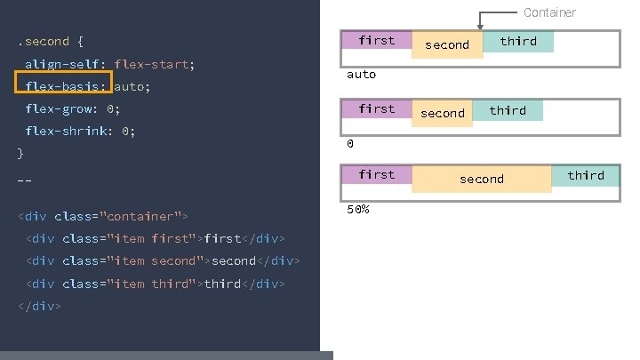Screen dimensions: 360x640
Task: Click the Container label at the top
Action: point(549,12)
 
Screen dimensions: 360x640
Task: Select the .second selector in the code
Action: point(43,41)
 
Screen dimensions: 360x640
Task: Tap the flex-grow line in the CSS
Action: point(72,109)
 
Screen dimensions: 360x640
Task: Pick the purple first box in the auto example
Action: point(377,40)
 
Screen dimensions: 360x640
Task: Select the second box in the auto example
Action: point(447,44)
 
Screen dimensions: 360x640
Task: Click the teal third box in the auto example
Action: point(518,41)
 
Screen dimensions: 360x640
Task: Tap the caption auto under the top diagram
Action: point(361,75)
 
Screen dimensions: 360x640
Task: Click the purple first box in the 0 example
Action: point(377,108)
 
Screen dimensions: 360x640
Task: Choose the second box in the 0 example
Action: point(442,113)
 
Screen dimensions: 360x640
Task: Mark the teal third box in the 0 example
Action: point(508,110)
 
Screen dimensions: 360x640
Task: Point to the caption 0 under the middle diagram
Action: point(350,143)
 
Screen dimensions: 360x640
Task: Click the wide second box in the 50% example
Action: point(482,179)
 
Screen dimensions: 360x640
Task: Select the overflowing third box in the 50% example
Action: point(586,175)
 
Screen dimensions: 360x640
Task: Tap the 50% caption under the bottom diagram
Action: point(357,209)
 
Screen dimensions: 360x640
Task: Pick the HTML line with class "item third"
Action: point(156,284)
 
